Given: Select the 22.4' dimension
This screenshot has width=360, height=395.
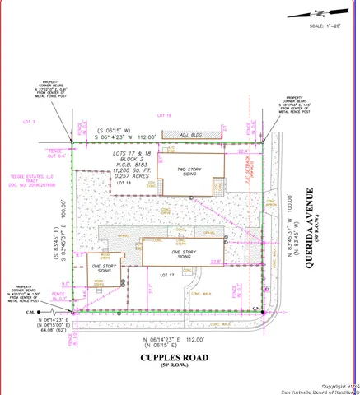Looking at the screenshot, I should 243,151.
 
